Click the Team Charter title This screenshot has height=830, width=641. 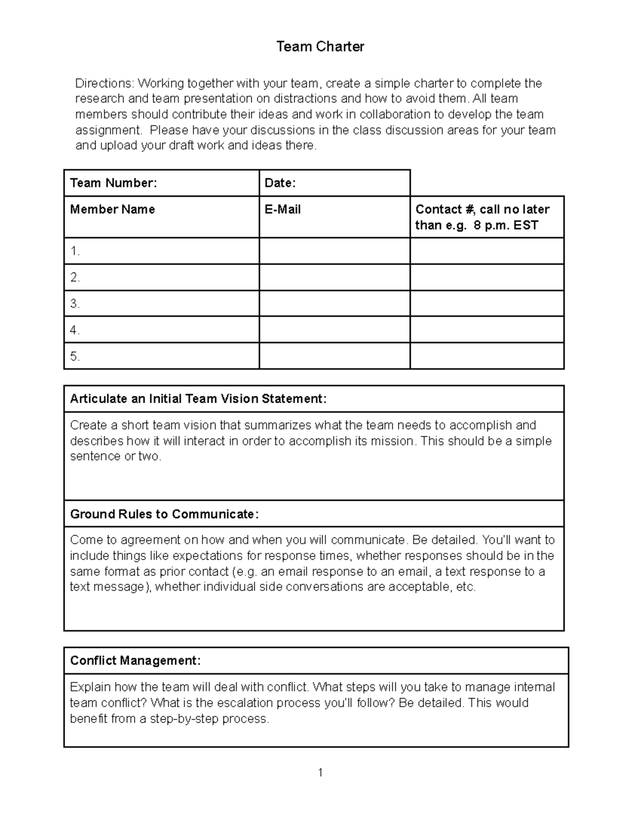click(320, 47)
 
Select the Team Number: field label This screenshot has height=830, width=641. click(113, 183)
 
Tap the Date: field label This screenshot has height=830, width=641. click(280, 183)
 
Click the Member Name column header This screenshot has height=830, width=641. click(112, 210)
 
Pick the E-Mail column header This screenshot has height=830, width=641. click(283, 210)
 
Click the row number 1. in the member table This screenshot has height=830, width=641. click(75, 251)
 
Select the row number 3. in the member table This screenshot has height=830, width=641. click(75, 304)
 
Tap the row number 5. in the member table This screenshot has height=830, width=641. click(75, 356)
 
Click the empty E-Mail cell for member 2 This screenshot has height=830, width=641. click(334, 277)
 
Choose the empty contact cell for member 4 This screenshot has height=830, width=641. click(487, 330)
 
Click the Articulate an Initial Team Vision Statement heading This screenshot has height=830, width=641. click(198, 399)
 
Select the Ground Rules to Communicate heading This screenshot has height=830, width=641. click(164, 514)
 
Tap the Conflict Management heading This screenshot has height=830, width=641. click(135, 661)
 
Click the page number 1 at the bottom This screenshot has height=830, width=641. click(320, 772)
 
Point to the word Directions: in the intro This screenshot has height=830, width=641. click(105, 83)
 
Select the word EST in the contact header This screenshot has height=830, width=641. click(526, 225)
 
